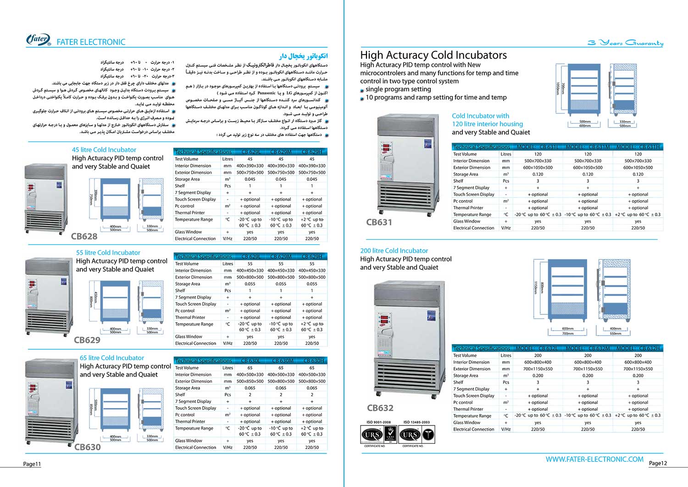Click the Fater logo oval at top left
pos(39,40)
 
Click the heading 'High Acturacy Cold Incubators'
pos(433,55)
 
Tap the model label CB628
pos(84,236)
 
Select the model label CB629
pos(87,340)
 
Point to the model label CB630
pos(88,447)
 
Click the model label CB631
pos(379,222)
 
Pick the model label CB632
pos(380,408)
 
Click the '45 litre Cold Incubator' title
pos(104,150)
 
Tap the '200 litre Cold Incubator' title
pos(394,251)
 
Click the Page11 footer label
pos(32,464)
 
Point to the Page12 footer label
pos(658,463)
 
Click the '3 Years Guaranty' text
pos(626,43)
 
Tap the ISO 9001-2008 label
pos(378,422)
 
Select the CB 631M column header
pos(588,147)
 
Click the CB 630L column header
pos(250,361)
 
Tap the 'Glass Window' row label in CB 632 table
pos(467,423)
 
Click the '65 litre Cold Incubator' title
pos(112,358)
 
